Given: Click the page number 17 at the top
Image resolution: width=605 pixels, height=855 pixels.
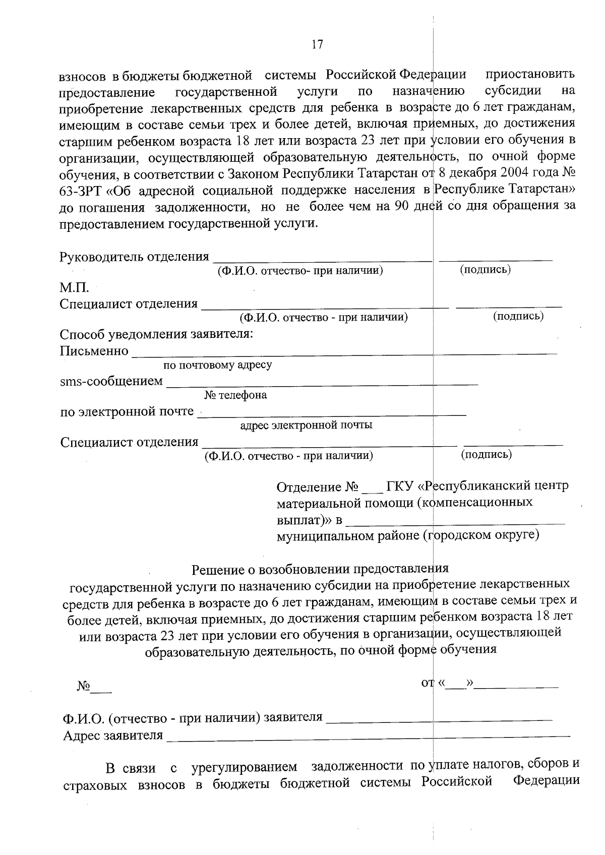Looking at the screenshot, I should point(317,44).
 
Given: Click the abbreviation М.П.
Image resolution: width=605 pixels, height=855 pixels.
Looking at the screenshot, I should point(75,288).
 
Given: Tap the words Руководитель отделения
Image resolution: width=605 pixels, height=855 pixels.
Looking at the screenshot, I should point(134,257).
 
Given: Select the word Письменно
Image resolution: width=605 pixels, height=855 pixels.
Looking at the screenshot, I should point(94,351).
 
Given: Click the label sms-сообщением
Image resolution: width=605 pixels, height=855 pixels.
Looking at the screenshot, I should point(111,382).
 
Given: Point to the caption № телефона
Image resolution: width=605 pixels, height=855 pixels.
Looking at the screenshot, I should point(235,395).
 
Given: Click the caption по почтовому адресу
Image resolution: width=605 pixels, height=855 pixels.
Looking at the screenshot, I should point(218,365).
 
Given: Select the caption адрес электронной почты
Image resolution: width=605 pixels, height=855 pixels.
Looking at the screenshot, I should point(306,425).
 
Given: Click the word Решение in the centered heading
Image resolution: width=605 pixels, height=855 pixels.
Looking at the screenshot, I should point(217,570).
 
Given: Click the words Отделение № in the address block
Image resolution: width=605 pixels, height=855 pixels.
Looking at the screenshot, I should point(318,487).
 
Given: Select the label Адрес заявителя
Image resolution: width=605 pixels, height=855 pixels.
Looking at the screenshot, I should point(113,736).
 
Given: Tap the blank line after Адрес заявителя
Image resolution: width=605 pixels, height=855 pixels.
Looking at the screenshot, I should point(368,736).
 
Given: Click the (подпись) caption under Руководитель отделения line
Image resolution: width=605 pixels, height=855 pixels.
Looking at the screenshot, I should point(486,270).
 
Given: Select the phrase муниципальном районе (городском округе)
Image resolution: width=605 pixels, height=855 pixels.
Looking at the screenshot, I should point(408,535).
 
